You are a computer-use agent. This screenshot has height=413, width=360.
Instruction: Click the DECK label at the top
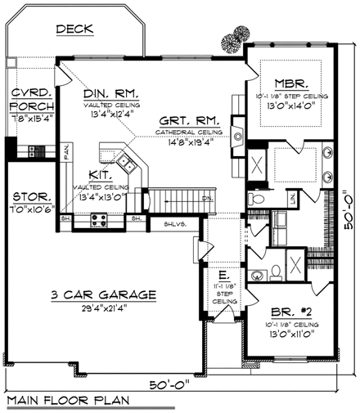click(x=74, y=29)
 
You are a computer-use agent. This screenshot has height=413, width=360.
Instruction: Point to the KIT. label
click(x=101, y=175)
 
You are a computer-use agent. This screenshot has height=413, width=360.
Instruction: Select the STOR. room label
click(x=29, y=197)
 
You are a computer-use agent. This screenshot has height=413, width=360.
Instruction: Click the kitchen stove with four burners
click(x=100, y=218)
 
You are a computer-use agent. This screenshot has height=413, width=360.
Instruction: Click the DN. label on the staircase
click(x=208, y=198)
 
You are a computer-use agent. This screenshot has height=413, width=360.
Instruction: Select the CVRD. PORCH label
click(x=32, y=99)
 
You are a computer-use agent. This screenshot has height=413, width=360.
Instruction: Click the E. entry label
click(x=223, y=276)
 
